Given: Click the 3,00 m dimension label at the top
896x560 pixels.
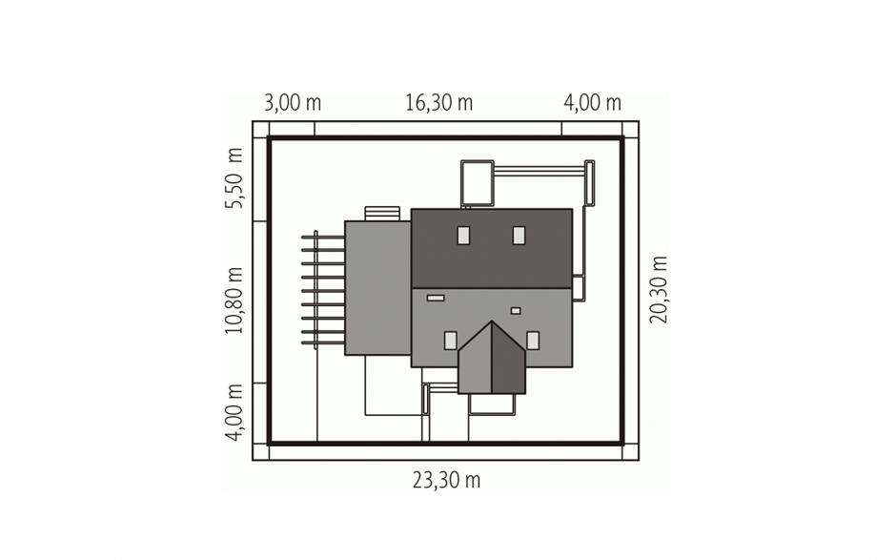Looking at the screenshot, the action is coord(293,103).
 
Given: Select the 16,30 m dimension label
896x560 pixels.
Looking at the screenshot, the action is coord(439,103).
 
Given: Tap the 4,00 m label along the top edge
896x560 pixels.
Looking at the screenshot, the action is coord(593,103).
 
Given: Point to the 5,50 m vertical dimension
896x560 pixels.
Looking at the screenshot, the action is coord(234,178).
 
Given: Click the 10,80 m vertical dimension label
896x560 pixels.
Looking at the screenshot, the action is coord(234,301).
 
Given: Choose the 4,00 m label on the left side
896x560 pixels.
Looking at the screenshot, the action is coord(234,412).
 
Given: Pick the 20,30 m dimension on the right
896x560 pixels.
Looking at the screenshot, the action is coord(659,289).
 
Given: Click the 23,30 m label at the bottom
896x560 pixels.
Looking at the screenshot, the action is coord(447,481).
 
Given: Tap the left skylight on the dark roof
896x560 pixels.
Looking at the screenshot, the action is coord(463,236).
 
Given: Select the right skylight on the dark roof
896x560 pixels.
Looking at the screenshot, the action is coord(519,236).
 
